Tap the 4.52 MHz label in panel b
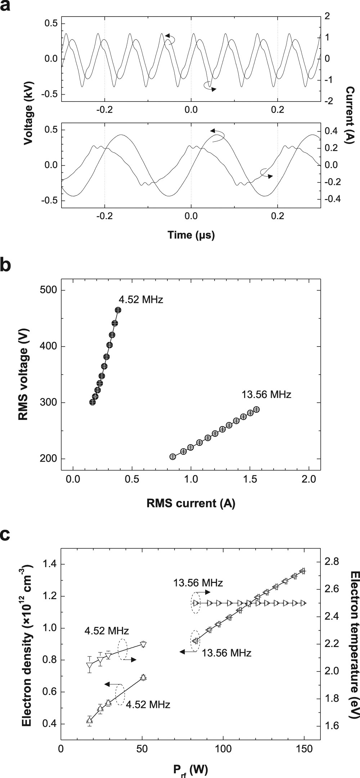(x=141, y=299)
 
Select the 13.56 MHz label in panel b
(x=266, y=394)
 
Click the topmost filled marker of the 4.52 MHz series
(x=118, y=310)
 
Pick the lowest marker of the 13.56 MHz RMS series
(x=172, y=457)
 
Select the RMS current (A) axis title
(x=191, y=503)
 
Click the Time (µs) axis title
(x=191, y=235)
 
